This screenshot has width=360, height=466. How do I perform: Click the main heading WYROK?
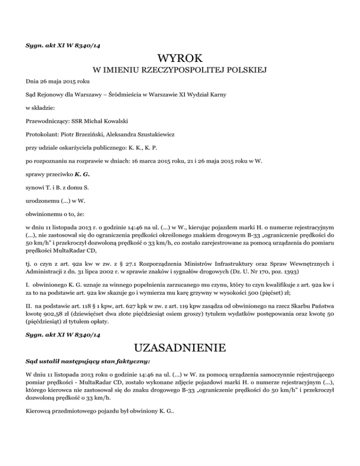[x=180, y=59]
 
